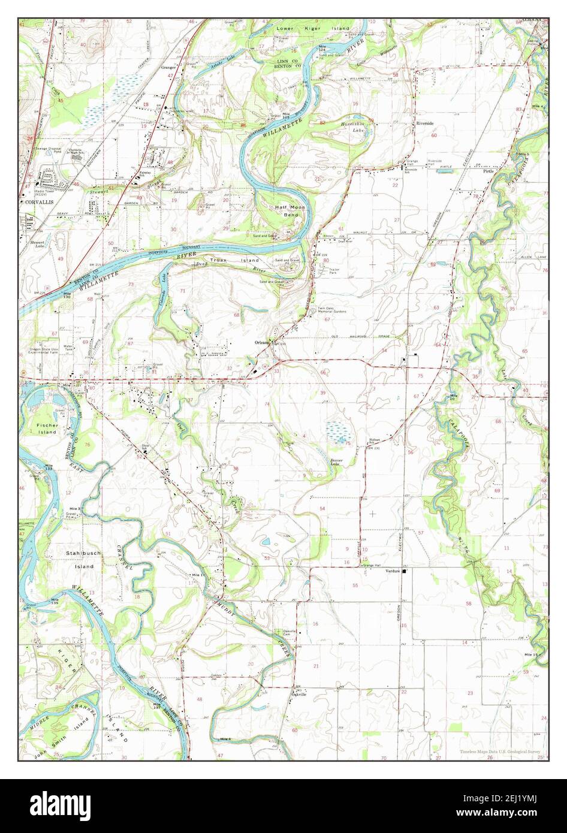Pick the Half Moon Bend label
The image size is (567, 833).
tap(286, 210)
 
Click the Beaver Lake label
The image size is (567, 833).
tap(340, 461)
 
